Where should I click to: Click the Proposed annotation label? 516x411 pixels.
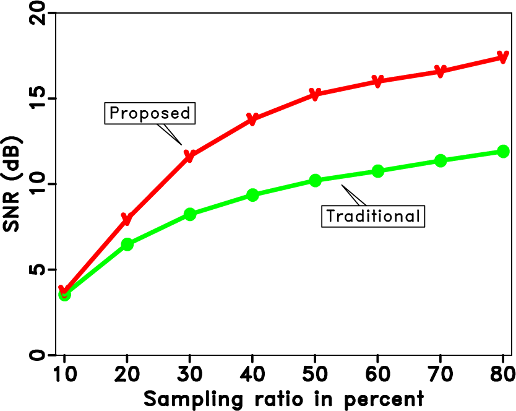point(148,113)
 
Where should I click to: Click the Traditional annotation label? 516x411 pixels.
point(373,216)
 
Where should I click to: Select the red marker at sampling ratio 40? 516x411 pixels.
point(252,119)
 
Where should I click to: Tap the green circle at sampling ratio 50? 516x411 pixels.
point(315,181)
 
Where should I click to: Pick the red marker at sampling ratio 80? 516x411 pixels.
point(502,58)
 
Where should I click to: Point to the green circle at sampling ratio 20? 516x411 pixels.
point(127,244)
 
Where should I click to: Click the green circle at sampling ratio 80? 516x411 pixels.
point(503,152)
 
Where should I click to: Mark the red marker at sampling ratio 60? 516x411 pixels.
point(377,81)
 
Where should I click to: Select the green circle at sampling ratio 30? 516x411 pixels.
point(190,214)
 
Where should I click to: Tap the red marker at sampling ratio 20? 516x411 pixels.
point(127,219)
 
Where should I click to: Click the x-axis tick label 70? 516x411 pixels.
point(440,376)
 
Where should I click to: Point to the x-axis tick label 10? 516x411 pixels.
point(64,376)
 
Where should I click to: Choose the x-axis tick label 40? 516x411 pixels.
point(252,376)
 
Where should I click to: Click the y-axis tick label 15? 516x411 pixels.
point(38,98)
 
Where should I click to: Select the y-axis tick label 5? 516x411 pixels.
point(38,270)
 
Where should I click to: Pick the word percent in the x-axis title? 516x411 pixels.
point(387,398)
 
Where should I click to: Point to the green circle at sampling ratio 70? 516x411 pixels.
point(440,161)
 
